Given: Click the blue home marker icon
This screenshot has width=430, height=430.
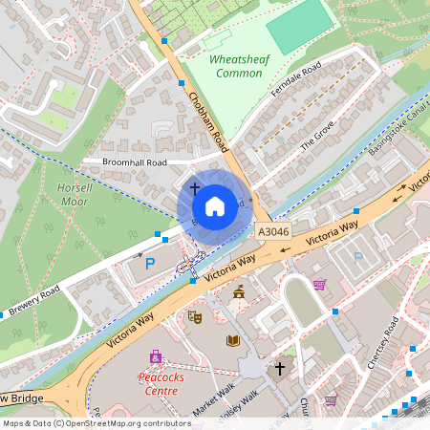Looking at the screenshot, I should [215, 205].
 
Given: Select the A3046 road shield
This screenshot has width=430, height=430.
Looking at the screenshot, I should [272, 232].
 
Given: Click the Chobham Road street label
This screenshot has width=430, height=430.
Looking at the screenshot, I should [209, 121].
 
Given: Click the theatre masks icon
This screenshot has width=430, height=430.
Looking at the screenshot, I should [196, 316].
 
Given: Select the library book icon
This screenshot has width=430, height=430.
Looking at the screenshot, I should [232, 340].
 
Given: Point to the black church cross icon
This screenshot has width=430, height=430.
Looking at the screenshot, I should [280, 367].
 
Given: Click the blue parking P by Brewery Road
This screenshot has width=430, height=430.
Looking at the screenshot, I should [150, 263].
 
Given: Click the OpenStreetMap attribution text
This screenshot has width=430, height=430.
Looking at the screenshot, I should [96, 422].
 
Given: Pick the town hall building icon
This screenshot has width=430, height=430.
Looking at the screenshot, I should [239, 291].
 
